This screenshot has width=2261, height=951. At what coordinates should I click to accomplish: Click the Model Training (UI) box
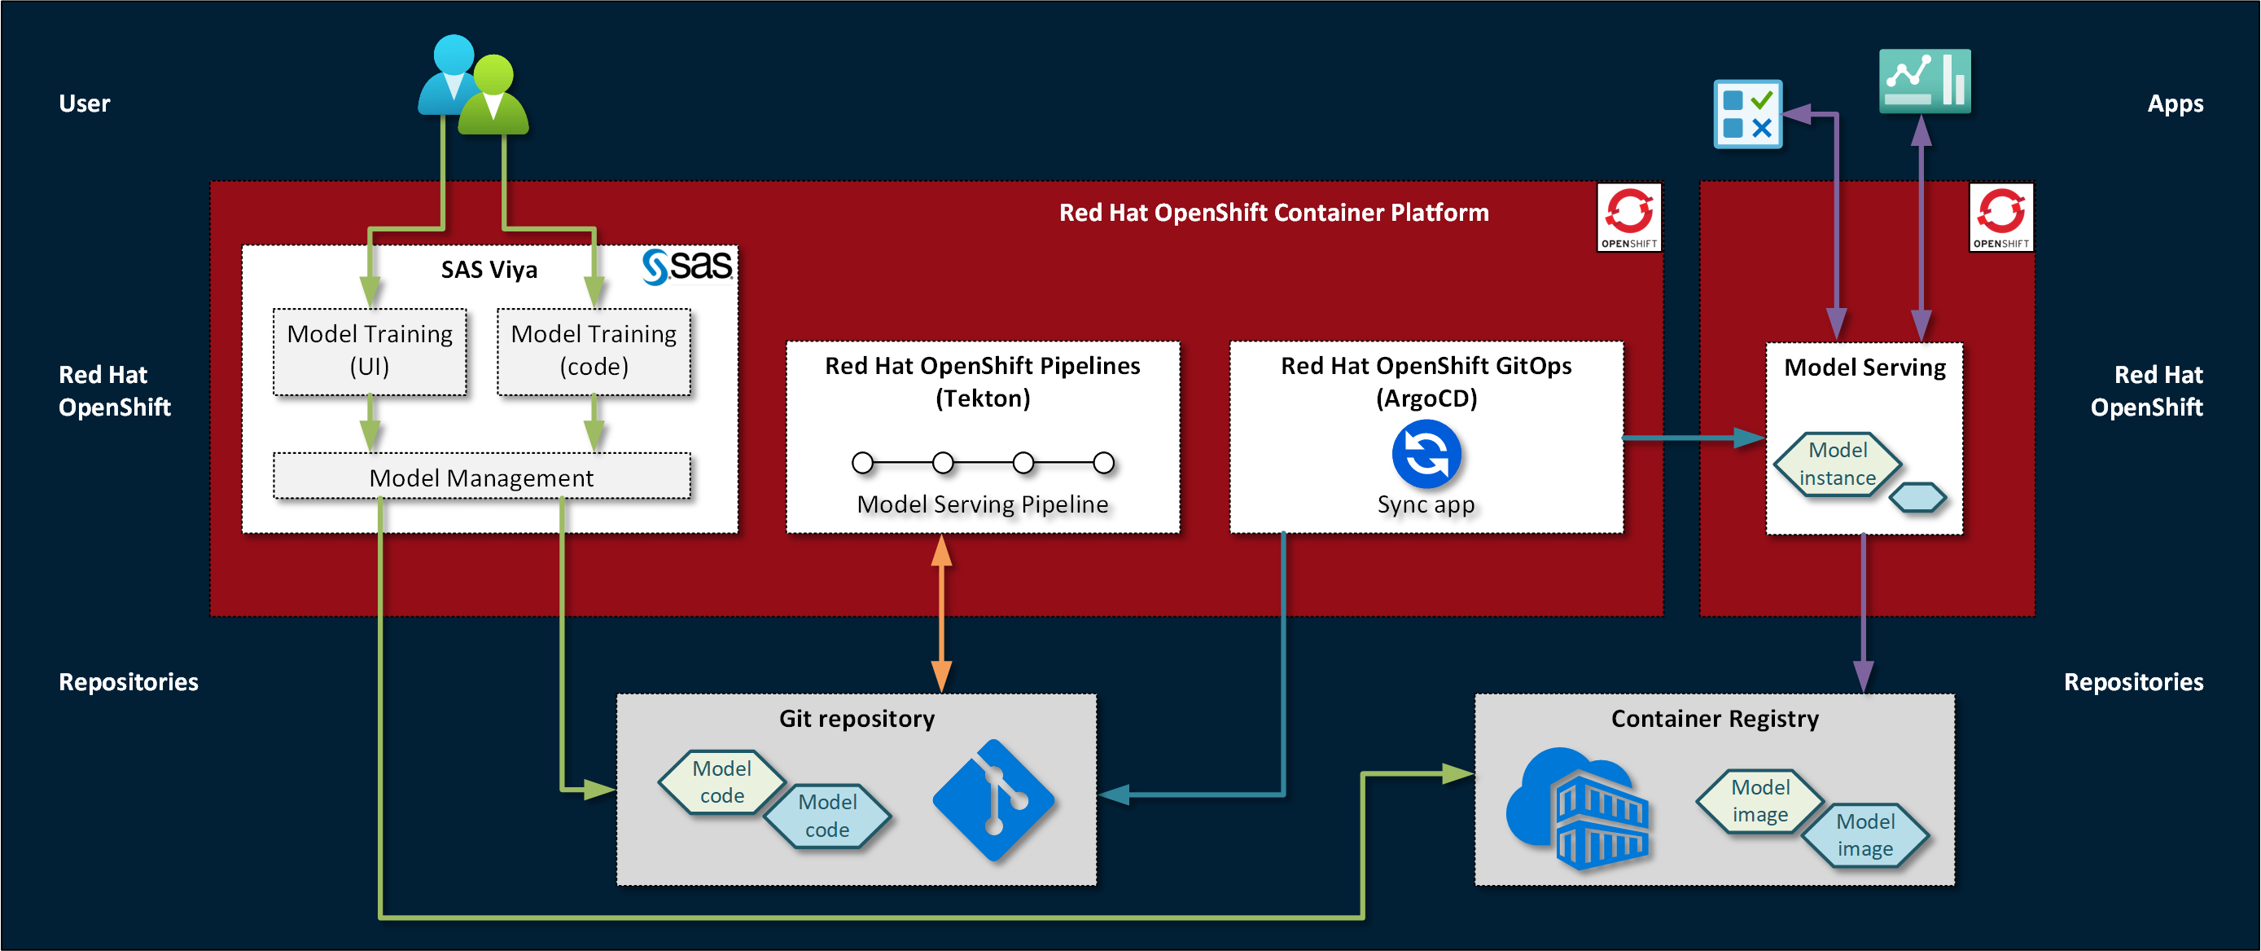tap(370, 350)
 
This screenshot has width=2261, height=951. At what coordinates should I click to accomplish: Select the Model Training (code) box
tap(594, 350)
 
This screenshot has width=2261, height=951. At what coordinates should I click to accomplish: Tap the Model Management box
tap(481, 477)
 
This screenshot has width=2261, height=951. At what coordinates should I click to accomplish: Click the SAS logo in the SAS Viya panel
tap(688, 265)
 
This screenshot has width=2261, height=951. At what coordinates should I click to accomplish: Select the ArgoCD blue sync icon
tap(1426, 454)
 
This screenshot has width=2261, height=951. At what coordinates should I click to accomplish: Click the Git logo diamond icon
tap(993, 799)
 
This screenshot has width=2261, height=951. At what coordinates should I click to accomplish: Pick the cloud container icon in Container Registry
tap(1578, 808)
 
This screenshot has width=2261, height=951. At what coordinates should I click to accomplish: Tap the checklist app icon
tap(1747, 114)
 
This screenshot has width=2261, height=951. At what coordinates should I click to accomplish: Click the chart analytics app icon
tap(1924, 81)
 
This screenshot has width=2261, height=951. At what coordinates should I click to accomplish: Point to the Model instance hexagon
tap(1837, 464)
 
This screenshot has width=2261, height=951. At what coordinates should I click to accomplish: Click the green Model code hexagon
tap(721, 781)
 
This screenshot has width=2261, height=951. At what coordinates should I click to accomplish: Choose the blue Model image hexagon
tap(1865, 835)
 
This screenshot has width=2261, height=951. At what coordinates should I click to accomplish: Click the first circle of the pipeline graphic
tap(863, 462)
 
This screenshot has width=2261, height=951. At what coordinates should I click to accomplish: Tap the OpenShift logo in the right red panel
tap(2000, 217)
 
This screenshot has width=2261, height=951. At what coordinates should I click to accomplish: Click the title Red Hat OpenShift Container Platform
tap(1273, 213)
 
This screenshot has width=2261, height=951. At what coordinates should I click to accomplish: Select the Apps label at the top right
tap(2174, 103)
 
